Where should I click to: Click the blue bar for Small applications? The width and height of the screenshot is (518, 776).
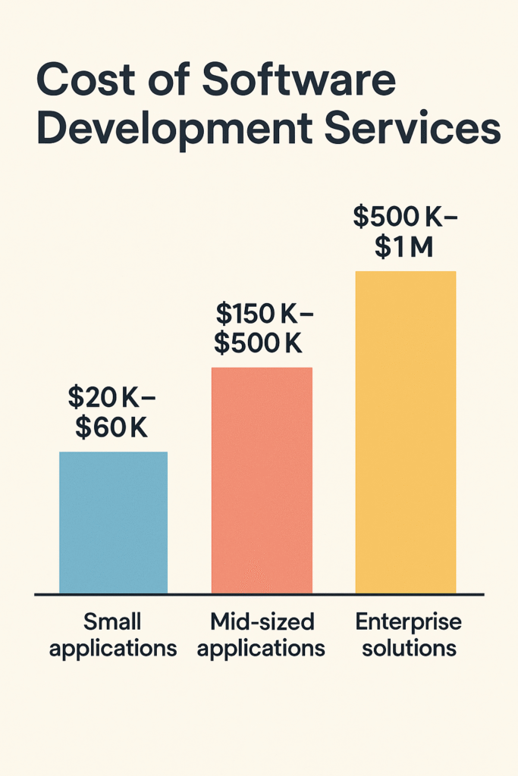[x=113, y=522]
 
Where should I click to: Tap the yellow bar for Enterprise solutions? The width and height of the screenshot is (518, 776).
[x=406, y=431]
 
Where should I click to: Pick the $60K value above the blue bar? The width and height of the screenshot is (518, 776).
[x=111, y=427]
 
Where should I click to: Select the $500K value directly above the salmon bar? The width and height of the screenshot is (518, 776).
[x=258, y=343]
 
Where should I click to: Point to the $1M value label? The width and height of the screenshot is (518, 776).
[x=404, y=247]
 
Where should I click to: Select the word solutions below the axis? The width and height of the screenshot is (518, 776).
[x=409, y=649]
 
